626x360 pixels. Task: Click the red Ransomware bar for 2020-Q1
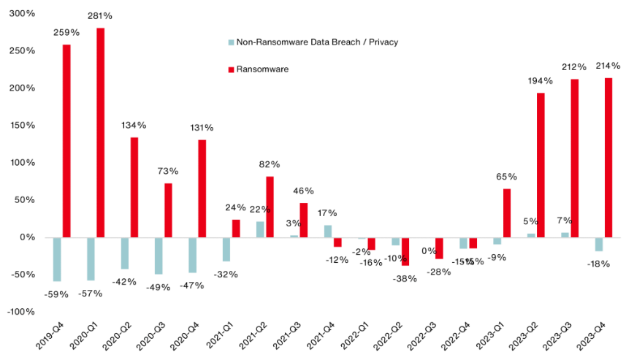(x=100, y=133)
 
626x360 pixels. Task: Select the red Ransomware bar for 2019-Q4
(x=66, y=141)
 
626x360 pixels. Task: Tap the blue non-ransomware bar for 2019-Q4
(x=57, y=259)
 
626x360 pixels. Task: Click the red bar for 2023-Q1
(x=507, y=213)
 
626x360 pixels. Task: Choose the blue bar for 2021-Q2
(x=260, y=229)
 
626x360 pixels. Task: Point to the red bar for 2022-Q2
(x=405, y=251)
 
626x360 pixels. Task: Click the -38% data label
(x=404, y=278)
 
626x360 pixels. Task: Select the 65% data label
(x=506, y=177)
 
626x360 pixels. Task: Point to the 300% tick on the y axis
(x=22, y=14)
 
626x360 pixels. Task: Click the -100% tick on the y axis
(x=20, y=312)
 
